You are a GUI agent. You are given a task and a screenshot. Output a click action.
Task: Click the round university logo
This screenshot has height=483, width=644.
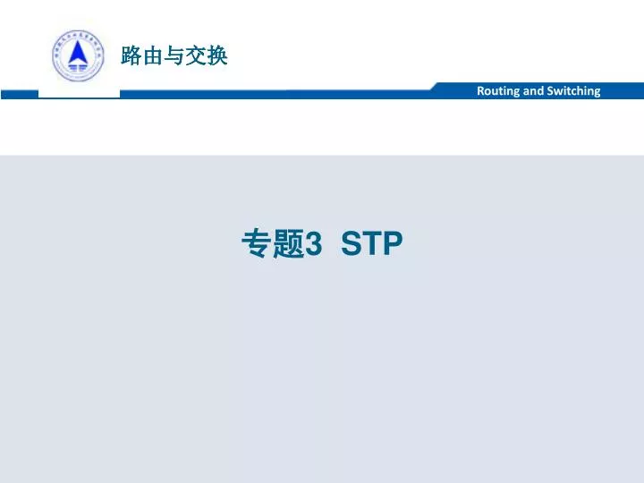[x=79, y=56]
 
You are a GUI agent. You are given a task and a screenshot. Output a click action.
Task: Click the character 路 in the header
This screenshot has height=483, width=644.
[x=131, y=57]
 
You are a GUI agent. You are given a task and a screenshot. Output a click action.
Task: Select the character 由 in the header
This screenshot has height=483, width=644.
[x=153, y=57]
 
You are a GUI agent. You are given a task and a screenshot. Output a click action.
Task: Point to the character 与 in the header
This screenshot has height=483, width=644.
[x=174, y=57]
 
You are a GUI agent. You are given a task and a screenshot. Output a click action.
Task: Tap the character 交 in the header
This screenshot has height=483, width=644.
[x=196, y=57]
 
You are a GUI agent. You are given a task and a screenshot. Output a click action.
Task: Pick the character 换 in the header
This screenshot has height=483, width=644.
[x=217, y=57]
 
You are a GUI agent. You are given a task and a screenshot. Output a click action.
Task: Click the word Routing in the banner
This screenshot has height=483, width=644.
[x=496, y=91]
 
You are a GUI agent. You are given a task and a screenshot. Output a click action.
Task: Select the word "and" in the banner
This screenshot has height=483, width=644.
[x=534, y=91]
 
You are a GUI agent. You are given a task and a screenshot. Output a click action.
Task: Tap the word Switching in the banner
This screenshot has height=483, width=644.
[x=574, y=91]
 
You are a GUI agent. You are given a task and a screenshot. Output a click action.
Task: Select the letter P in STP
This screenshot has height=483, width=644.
[x=393, y=243]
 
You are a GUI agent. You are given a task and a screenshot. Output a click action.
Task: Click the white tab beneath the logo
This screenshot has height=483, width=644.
[x=79, y=93]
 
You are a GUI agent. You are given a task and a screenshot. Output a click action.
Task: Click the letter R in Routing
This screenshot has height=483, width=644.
[x=481, y=91]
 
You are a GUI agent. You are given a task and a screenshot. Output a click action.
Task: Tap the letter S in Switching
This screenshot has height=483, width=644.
[x=551, y=91]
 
